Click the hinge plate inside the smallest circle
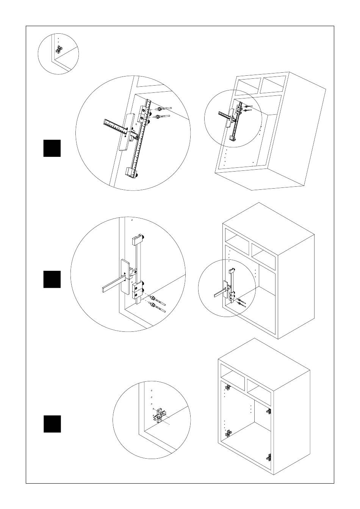59,49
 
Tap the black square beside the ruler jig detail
52,148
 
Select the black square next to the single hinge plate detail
52,424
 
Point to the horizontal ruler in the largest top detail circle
116,126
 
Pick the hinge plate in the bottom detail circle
160,415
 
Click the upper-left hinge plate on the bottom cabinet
229,387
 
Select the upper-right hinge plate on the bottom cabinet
269,411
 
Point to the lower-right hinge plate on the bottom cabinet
269,457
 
